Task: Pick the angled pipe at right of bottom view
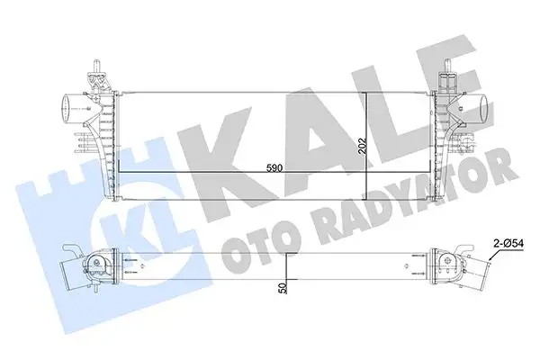(x=475, y=267)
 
